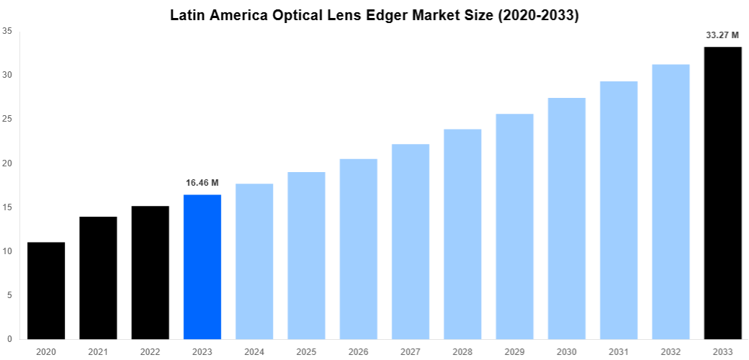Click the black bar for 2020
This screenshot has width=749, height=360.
tap(46, 291)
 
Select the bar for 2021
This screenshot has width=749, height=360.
tap(98, 278)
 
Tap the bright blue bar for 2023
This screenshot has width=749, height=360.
tap(202, 266)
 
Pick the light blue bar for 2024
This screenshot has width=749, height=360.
tap(254, 261)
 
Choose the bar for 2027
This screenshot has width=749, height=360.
tap(411, 241)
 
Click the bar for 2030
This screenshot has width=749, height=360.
tap(567, 218)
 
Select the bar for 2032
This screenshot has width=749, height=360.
tap(670, 202)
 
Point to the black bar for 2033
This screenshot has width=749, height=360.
tap(722, 193)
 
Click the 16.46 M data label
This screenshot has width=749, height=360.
tap(202, 183)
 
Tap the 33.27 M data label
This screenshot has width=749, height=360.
tap(722, 35)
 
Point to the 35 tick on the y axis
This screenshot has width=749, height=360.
tap(6, 31)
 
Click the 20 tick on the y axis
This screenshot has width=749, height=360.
tap(6, 163)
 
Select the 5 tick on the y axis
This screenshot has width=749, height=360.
tap(9, 295)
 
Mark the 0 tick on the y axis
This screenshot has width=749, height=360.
tap(9, 339)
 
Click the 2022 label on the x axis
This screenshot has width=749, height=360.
tap(150, 351)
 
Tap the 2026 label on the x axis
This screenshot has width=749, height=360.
tap(358, 351)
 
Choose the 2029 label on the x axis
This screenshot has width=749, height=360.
tap(514, 351)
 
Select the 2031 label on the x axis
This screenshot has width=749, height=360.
tap(619, 351)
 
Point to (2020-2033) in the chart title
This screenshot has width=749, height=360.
tap(537, 15)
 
